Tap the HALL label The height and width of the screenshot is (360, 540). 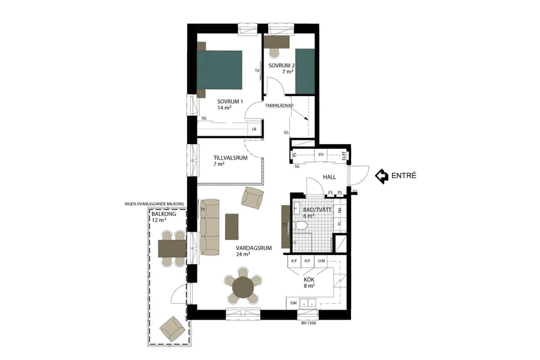pos(329,178)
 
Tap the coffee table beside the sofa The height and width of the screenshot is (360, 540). pos(232,226)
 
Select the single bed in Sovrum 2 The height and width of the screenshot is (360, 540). pos(305,71)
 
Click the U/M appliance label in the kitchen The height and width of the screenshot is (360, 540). pos(322,261)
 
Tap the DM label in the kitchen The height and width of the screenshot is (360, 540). pos(293,303)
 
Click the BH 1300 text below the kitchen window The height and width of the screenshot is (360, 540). pos(308,323)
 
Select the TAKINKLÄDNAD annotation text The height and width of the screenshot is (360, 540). pos(279,106)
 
